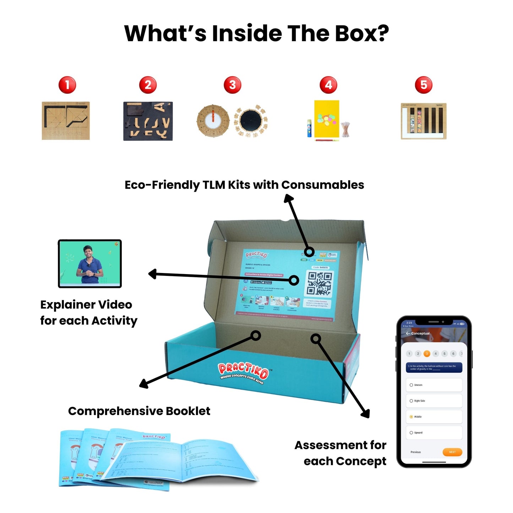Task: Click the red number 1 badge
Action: [67, 85]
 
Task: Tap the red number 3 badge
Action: [233, 85]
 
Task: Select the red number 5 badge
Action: [424, 85]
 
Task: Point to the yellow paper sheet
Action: [327, 119]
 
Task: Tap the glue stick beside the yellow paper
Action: [309, 129]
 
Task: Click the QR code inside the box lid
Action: [319, 284]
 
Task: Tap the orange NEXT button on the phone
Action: [452, 452]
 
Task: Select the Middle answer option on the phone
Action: [434, 417]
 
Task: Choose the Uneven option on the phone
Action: [434, 385]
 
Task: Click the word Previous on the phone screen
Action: [415, 452]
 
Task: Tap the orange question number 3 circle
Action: [427, 354]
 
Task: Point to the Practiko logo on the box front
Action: [243, 371]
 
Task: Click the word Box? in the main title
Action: [362, 34]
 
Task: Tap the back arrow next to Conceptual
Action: [408, 333]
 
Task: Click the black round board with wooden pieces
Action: [251, 121]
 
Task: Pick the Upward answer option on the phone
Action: [434, 433]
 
